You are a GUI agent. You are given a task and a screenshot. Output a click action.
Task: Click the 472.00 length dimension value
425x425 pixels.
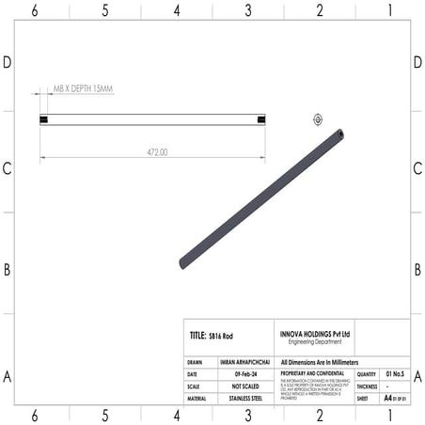coord(156,151)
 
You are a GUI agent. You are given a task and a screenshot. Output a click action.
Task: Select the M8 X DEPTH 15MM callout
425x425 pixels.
coord(84,88)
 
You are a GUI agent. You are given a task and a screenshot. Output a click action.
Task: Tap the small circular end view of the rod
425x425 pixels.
coord(317,119)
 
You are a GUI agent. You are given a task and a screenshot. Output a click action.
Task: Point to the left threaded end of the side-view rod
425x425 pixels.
coord(43,119)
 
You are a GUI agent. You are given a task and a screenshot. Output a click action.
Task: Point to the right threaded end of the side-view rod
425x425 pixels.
coord(260,119)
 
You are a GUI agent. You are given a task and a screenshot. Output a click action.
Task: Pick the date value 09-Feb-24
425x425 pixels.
coord(246,373)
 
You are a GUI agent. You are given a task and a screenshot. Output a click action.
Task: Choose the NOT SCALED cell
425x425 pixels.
coord(246,386)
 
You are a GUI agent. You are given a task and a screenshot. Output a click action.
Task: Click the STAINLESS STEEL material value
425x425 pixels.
coord(246,399)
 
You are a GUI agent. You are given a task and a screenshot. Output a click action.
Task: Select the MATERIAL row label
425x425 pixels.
coord(200,399)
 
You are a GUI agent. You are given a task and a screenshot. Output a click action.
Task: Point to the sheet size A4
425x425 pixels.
coord(387,399)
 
